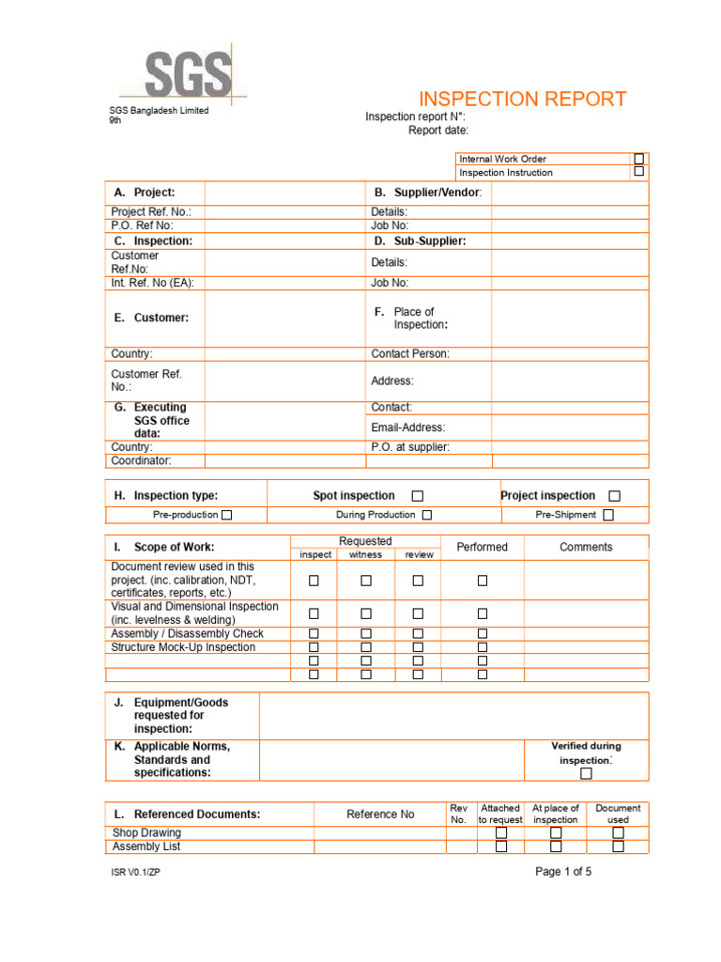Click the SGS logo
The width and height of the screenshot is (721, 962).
(187, 73)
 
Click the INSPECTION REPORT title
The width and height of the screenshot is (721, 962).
(522, 100)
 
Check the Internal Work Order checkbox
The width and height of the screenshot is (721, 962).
(639, 159)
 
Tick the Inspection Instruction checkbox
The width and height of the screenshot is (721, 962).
(639, 172)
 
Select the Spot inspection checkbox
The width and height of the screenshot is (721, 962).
(418, 496)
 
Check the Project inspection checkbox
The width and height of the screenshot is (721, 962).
(614, 496)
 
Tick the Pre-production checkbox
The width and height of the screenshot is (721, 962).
(226, 515)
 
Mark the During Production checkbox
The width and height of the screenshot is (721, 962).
(426, 515)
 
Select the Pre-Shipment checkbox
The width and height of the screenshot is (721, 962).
(608, 515)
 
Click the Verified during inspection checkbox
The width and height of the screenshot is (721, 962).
(586, 773)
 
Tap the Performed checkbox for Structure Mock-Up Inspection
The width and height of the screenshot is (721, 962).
(483, 647)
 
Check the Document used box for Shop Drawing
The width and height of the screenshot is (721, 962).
(618, 832)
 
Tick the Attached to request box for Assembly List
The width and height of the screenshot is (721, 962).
(501, 846)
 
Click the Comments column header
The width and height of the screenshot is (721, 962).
(586, 547)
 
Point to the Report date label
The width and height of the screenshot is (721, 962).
(437, 131)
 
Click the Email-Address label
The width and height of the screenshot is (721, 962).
(408, 427)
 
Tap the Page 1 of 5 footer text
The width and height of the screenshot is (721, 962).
(563, 872)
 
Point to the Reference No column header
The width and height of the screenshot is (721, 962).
(380, 815)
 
